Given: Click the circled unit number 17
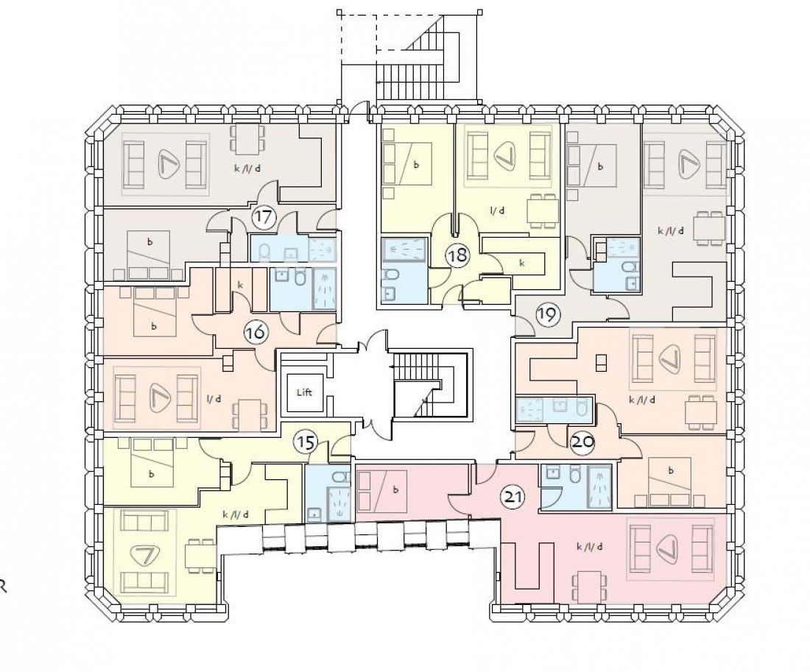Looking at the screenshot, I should [x=263, y=217].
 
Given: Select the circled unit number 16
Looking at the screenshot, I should [x=256, y=333].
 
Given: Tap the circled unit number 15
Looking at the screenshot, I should [x=305, y=442].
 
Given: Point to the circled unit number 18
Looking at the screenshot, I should [x=457, y=256].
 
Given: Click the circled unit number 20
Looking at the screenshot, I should [x=581, y=441].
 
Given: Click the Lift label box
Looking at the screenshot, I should [x=305, y=392].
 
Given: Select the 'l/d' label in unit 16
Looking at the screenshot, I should [x=214, y=399].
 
